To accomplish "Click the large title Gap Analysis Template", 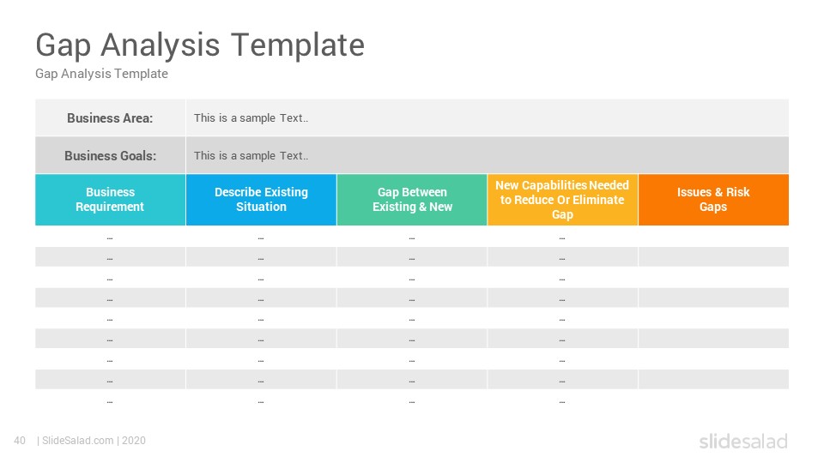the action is click(200, 45).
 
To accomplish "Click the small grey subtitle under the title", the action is click(101, 74).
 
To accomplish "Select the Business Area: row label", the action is click(110, 118).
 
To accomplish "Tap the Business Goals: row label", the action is click(111, 156).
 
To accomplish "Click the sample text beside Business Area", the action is click(251, 118).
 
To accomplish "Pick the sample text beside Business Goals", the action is click(251, 156).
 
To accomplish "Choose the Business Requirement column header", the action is click(111, 200).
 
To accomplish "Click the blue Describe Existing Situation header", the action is click(261, 200).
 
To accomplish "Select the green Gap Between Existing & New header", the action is click(412, 200).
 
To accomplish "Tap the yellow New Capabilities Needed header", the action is click(562, 200).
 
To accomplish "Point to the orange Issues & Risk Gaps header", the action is click(713, 200).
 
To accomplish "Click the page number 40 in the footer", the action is click(20, 441).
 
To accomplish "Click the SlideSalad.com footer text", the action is click(78, 441).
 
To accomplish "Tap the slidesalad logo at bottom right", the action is click(743, 441).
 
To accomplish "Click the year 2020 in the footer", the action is click(134, 441).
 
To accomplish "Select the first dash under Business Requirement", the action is click(110, 238).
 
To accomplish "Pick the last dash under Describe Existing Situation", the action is click(261, 402).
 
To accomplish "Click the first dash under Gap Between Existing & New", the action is click(411, 238).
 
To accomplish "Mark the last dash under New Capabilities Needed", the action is click(562, 402).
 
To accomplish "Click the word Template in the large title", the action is click(298, 45).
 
